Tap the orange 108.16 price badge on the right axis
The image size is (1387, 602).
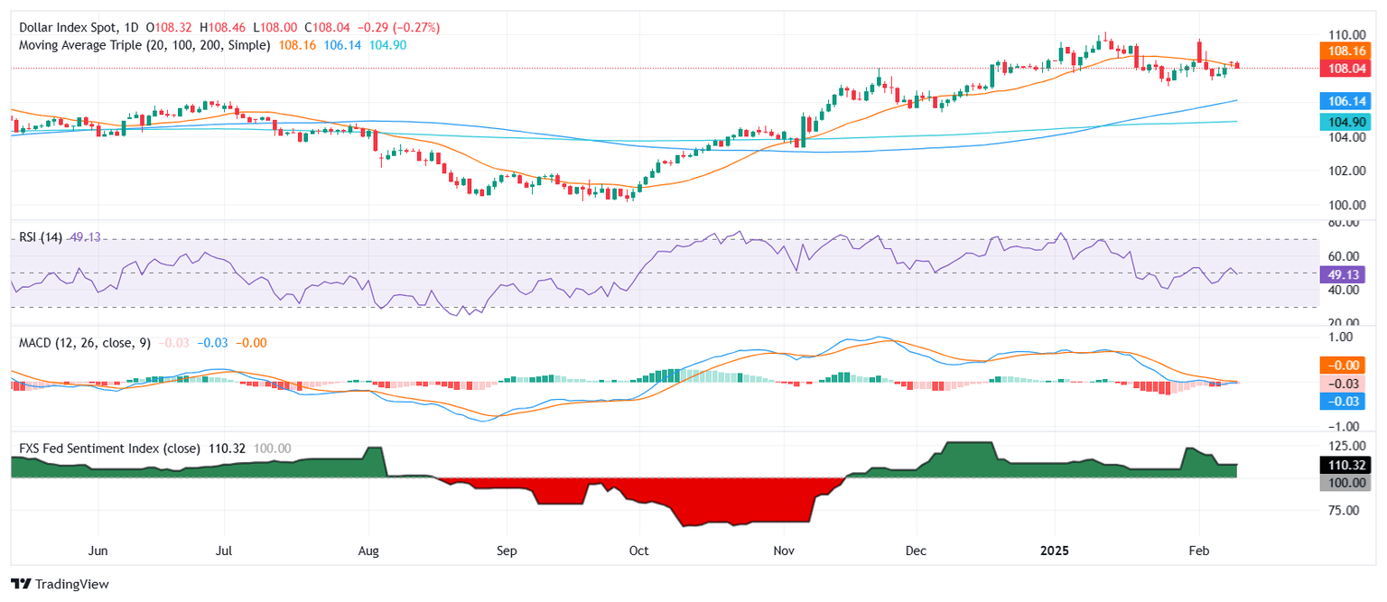pyautogui.click(x=1345, y=51)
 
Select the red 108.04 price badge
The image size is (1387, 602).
pyautogui.click(x=1345, y=68)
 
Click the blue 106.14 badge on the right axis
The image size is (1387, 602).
pyautogui.click(x=1345, y=102)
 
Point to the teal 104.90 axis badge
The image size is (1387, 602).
pyautogui.click(x=1345, y=122)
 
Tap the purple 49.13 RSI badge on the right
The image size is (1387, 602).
pyautogui.click(x=1345, y=273)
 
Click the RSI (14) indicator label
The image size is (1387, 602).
pyautogui.click(x=41, y=237)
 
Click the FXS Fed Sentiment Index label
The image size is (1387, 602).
pyautogui.click(x=105, y=449)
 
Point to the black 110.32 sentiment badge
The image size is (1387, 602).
pyautogui.click(x=1345, y=466)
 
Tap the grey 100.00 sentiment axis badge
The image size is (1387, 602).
pyautogui.click(x=1345, y=483)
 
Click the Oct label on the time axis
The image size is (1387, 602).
pyautogui.click(x=638, y=551)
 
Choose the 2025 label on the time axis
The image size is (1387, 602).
pyautogui.click(x=1054, y=551)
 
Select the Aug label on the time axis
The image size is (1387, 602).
pyautogui.click(x=368, y=551)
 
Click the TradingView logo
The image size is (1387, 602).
pyautogui.click(x=60, y=584)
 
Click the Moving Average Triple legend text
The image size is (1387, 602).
pyautogui.click(x=144, y=45)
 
